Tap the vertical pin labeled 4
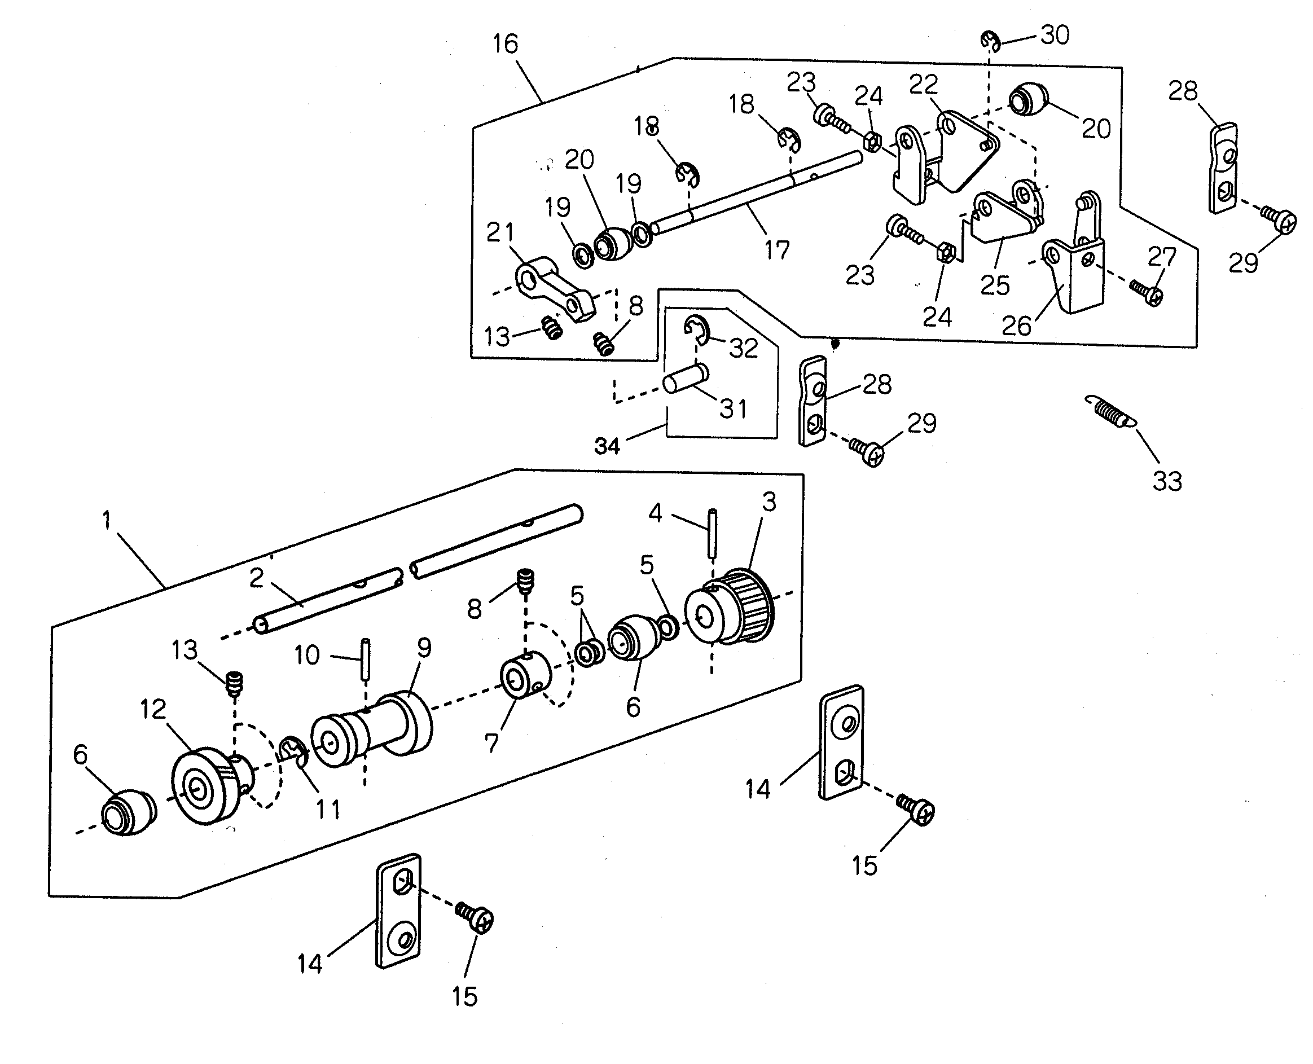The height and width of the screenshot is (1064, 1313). [712, 533]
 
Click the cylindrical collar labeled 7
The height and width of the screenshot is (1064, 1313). [525, 676]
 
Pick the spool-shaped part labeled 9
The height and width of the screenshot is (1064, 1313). [371, 728]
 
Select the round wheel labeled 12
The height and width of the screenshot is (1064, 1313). [212, 785]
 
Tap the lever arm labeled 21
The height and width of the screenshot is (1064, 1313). [555, 288]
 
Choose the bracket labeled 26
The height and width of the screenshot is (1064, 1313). [1074, 258]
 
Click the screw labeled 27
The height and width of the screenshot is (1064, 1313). [1145, 293]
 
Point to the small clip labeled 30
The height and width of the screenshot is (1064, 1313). [991, 42]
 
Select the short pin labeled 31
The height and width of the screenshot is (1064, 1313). [686, 378]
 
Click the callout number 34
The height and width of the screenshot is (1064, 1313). [608, 446]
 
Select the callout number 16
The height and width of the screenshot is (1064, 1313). [506, 43]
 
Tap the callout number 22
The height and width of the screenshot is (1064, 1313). [924, 84]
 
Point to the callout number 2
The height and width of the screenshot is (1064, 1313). [257, 577]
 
